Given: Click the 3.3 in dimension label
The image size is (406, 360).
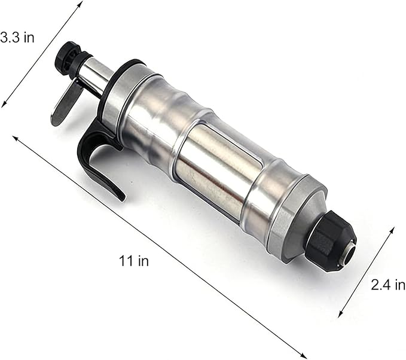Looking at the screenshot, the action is [17, 38].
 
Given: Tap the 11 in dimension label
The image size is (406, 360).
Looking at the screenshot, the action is [134, 261].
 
